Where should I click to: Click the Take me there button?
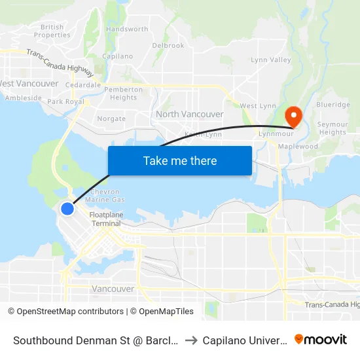click(x=180, y=160)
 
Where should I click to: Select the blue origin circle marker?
click(x=67, y=209)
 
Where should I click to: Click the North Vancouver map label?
click(x=190, y=114)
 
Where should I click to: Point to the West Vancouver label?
click(x=29, y=84)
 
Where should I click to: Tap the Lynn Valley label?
click(x=271, y=60)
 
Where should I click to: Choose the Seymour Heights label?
click(x=333, y=128)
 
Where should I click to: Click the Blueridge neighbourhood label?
click(x=333, y=105)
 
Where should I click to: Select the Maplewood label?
click(x=298, y=147)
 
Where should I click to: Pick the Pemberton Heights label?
click(x=123, y=94)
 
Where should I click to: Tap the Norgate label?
click(x=111, y=119)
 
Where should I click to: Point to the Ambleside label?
click(x=24, y=98)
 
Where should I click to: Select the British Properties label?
click(x=52, y=31)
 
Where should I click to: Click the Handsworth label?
click(x=127, y=29)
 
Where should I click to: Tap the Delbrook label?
click(x=168, y=46)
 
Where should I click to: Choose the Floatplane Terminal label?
click(x=105, y=219)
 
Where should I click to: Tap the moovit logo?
click(x=321, y=339)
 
